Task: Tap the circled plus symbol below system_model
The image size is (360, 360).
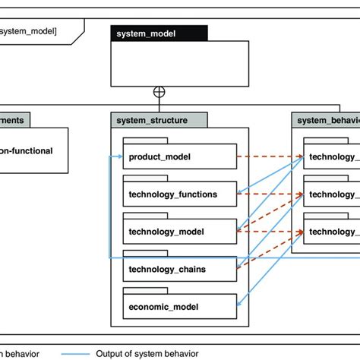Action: click(159, 93)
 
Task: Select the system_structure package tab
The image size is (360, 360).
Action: click(159, 120)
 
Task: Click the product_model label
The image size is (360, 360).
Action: click(159, 157)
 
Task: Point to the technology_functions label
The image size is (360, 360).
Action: click(172, 194)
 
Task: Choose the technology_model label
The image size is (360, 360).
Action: click(166, 231)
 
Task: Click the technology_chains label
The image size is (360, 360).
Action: click(167, 268)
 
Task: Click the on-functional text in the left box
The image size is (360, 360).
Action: click(27, 150)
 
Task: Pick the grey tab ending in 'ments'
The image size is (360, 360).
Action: click(15, 120)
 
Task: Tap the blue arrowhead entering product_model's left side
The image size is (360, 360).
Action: click(119, 157)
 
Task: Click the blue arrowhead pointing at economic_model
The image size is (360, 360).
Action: click(241, 305)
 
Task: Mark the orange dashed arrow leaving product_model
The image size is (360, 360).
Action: click(270, 157)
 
